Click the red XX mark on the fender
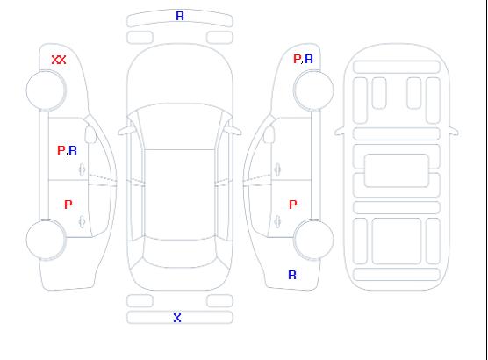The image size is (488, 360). [x=59, y=60]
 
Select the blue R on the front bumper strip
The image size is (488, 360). [x=180, y=16]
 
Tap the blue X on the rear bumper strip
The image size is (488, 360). [x=177, y=318]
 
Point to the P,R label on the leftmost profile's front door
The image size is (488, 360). [x=67, y=150]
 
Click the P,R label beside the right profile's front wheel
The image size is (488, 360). [x=303, y=59]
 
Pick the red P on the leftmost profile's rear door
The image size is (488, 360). [x=68, y=205]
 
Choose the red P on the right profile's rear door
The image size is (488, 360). [x=293, y=205]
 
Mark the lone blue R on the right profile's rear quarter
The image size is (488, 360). [x=292, y=275]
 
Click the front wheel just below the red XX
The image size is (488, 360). [x=46, y=90]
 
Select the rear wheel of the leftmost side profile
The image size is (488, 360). [x=46, y=240]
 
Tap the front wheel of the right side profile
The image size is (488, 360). [x=313, y=90]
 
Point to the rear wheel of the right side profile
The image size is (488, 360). [x=313, y=240]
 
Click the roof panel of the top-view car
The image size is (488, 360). [x=180, y=194]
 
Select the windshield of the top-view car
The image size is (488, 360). [x=180, y=126]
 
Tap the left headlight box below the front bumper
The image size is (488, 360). [x=140, y=38]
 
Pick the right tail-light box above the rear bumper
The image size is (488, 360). [x=219, y=301]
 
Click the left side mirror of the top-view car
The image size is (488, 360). [x=126, y=131]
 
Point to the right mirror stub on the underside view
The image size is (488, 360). [x=454, y=131]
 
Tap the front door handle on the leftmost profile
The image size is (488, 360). [x=82, y=169]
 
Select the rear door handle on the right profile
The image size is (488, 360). [x=277, y=221]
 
